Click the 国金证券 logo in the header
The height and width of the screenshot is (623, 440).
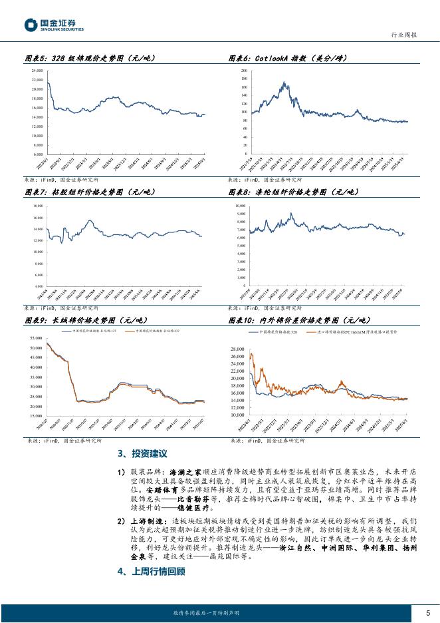pos(55,25)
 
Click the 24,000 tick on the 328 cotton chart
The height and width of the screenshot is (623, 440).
pos(37,70)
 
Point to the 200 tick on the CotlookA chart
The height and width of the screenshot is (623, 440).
pos(245,70)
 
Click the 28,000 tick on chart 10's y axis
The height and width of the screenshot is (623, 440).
pos(237,349)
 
